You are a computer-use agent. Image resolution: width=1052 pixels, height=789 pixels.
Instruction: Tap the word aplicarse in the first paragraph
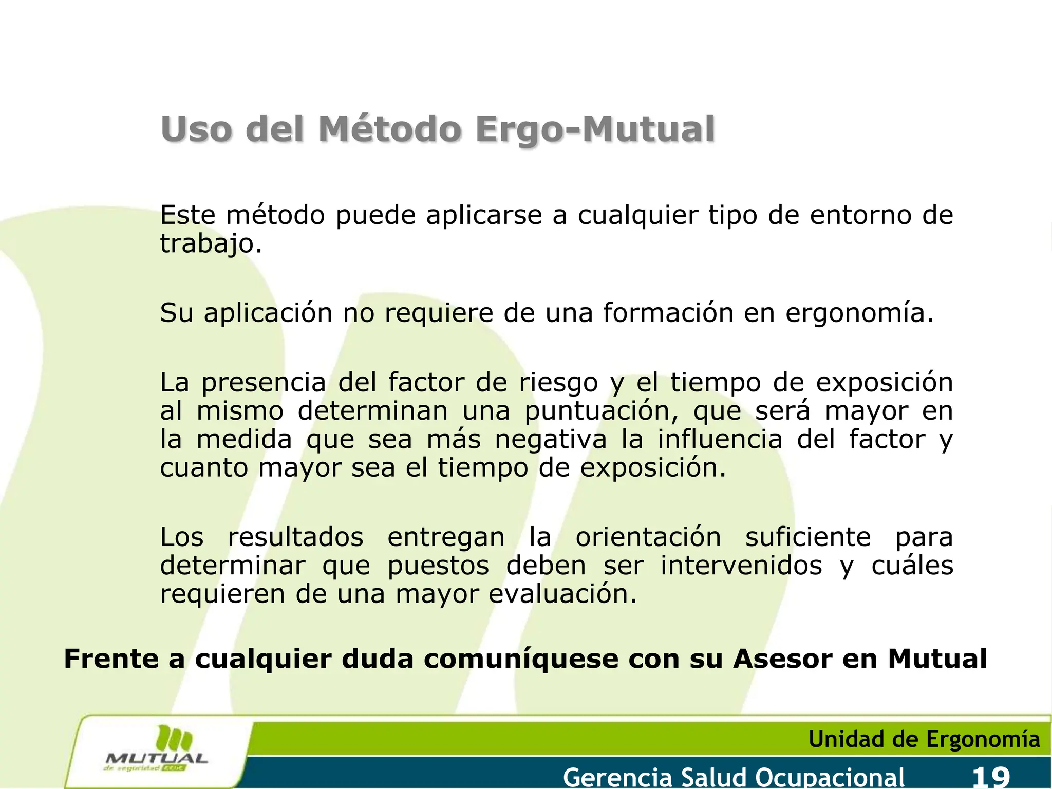point(484,215)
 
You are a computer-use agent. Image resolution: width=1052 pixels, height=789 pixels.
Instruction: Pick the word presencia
point(264,383)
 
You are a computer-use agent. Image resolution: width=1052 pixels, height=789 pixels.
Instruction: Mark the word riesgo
point(558,383)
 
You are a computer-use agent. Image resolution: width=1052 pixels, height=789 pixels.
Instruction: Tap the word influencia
point(720,440)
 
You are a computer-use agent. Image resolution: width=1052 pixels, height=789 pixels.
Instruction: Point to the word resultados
point(295,537)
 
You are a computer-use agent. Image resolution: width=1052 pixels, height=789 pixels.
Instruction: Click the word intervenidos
point(741,566)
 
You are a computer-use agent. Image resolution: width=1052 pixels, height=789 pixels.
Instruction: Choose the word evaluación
point(558,594)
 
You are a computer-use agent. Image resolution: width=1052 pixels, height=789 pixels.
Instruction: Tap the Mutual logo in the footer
point(156,750)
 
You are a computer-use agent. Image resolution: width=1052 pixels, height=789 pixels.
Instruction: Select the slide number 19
point(991,777)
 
